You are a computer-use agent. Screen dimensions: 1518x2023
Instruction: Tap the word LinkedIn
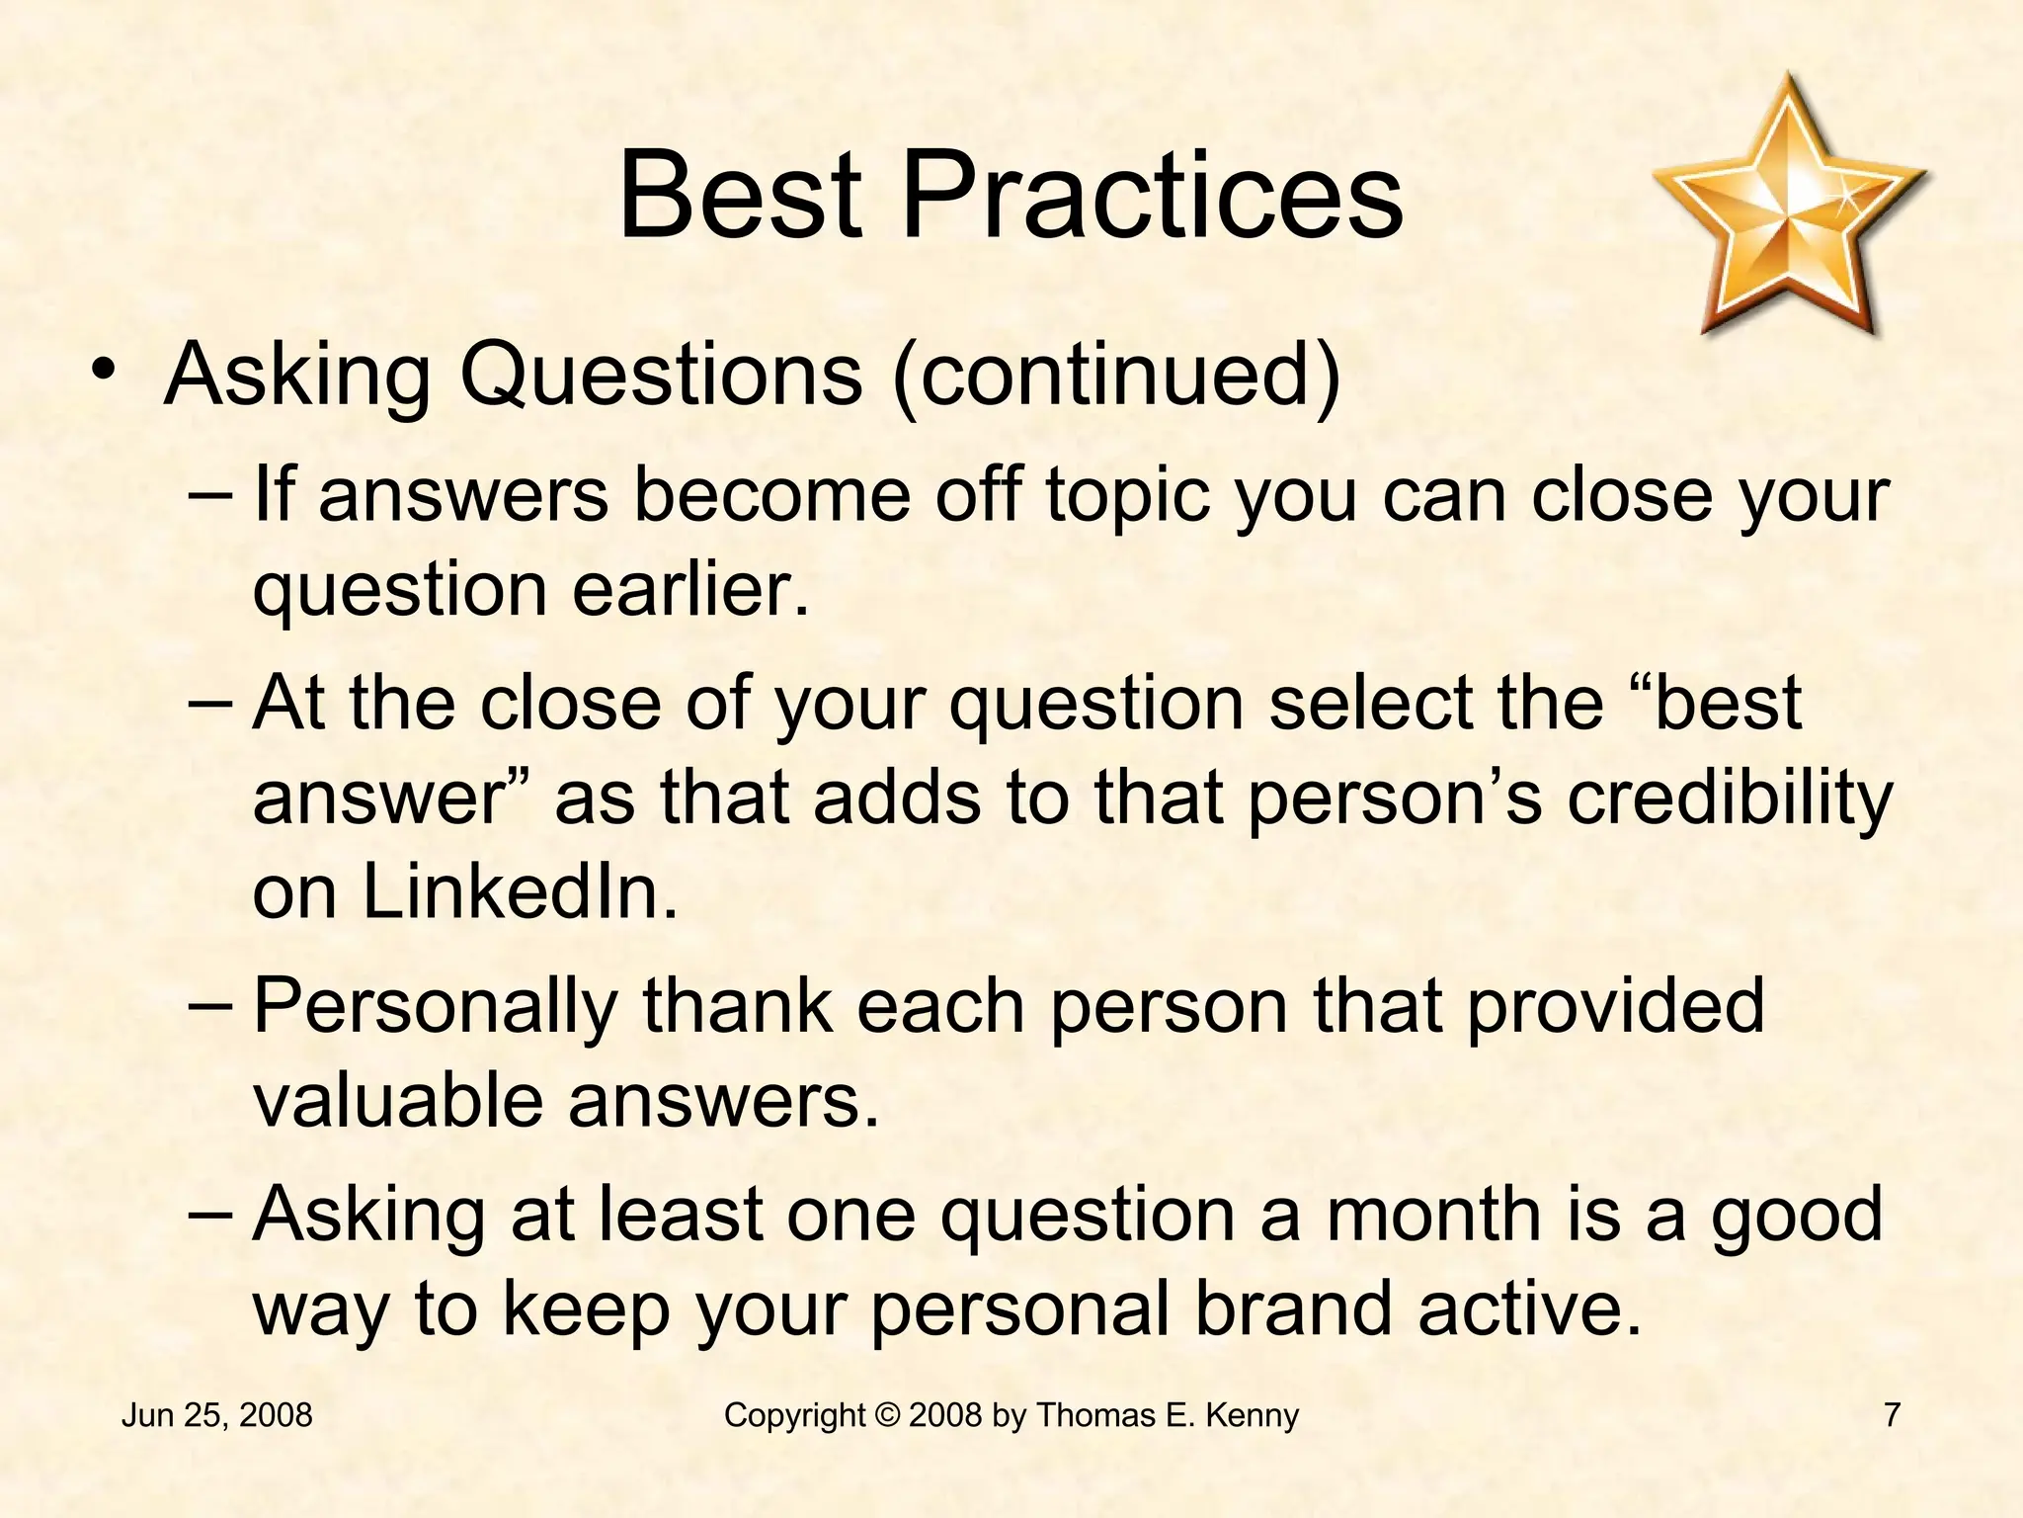click(521, 891)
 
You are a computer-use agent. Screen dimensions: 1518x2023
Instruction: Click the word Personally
click(436, 1006)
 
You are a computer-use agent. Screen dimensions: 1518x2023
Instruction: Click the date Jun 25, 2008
click(216, 1415)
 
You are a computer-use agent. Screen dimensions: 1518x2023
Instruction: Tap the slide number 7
click(1892, 1415)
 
